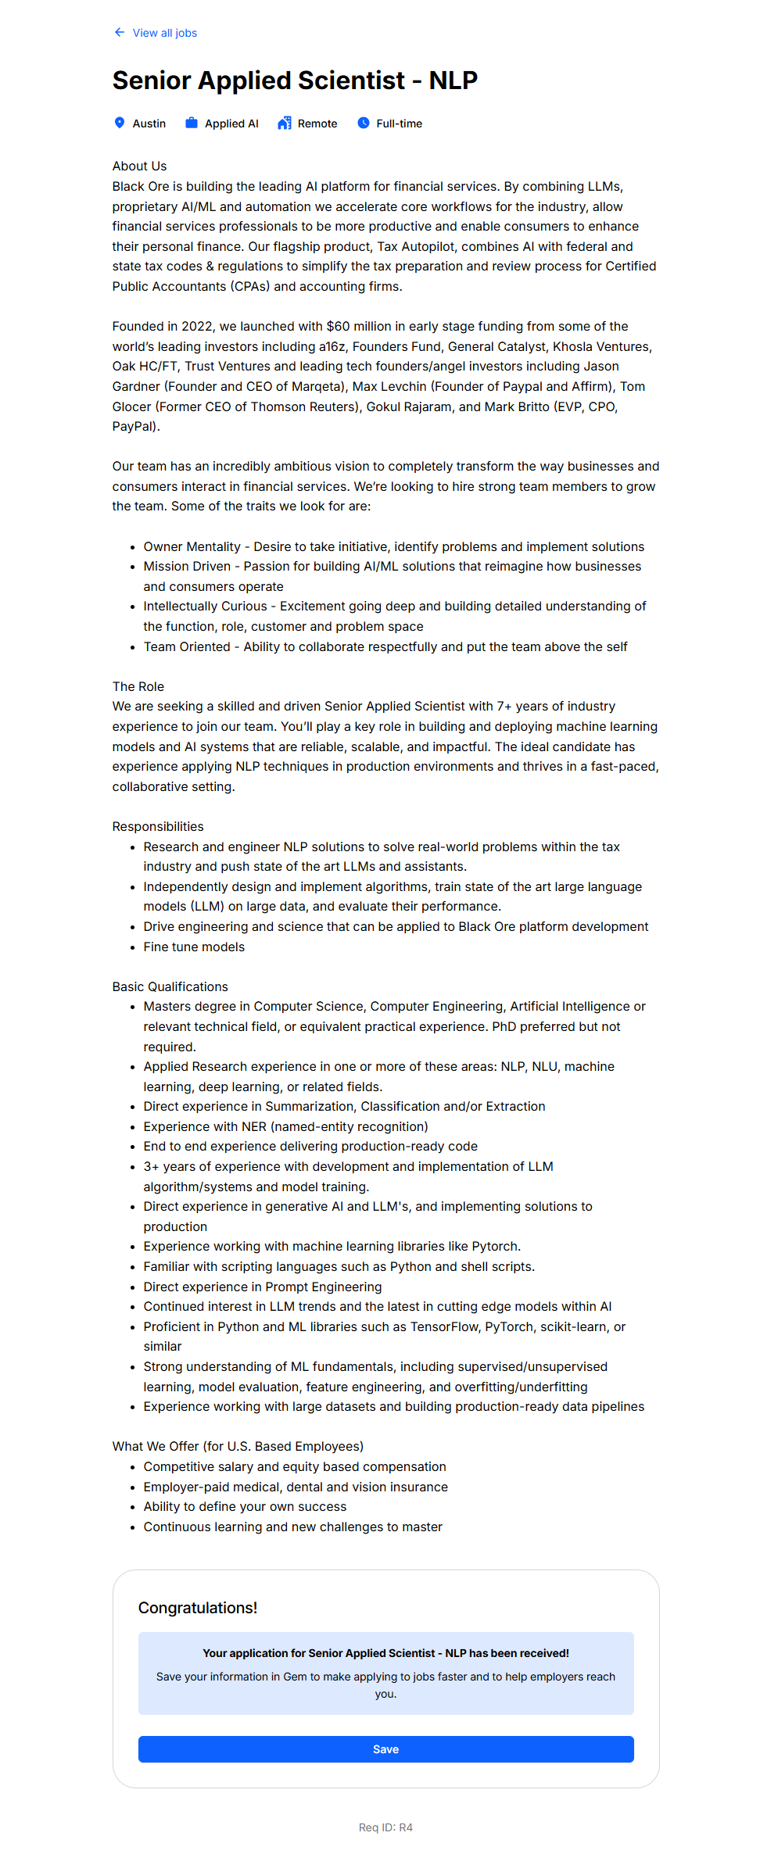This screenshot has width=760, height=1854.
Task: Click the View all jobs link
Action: tap(164, 33)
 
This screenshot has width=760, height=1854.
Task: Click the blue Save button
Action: tap(385, 1749)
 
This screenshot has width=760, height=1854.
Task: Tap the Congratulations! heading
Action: tap(198, 1608)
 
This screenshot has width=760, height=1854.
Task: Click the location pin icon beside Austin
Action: tap(120, 123)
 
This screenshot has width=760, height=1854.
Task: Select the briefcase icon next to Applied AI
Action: tap(191, 123)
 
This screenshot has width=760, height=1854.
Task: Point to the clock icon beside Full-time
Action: tap(364, 123)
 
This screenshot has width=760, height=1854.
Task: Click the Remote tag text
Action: tap(317, 123)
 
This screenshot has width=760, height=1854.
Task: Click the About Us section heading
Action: tap(139, 166)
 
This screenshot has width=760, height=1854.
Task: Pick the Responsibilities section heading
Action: tap(158, 826)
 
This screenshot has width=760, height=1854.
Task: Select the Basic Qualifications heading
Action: tap(170, 986)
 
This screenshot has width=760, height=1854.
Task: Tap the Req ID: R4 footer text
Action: tap(385, 1827)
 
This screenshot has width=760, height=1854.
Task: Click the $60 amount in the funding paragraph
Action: tap(338, 326)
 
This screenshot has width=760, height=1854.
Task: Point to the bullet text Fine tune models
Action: tap(194, 947)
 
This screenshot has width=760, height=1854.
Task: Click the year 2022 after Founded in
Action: tap(197, 326)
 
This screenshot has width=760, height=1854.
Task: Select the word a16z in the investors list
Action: tap(332, 346)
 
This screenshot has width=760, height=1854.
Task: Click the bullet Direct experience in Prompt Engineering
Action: tap(263, 1287)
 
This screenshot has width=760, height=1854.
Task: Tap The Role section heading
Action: tap(138, 686)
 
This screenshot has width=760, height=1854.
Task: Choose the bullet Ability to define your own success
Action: tap(245, 1506)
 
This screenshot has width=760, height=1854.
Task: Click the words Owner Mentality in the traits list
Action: tap(192, 546)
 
